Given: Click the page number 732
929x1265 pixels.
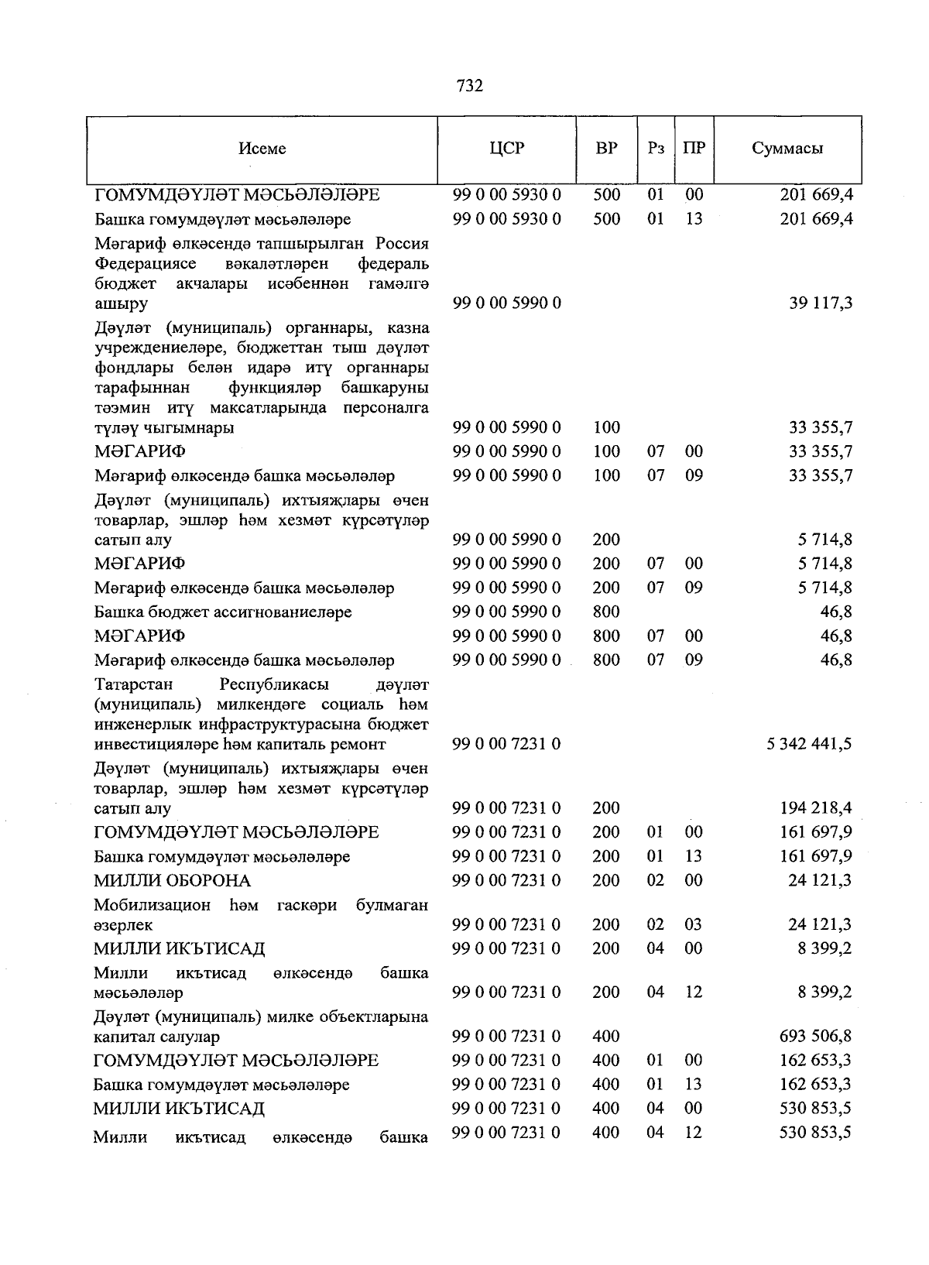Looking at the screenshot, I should point(470,86).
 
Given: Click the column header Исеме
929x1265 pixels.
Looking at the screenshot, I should point(262,149).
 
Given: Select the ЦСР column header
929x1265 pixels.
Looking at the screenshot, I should point(507,148).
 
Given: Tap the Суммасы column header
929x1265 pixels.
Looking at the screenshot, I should point(787,149).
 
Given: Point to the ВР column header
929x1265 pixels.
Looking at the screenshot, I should point(607,148).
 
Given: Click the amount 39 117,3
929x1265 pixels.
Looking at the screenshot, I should point(821,303).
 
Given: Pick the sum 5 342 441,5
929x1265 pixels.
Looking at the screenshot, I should point(810,744).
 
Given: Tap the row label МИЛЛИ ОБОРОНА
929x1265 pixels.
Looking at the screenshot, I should point(173,881).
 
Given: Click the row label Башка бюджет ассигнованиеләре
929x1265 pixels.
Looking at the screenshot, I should point(223,612).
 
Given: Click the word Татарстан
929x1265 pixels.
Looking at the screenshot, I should point(134,684).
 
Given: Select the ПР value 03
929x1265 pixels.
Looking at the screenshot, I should point(694,924).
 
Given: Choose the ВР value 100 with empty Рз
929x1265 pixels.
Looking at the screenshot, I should point(607,427).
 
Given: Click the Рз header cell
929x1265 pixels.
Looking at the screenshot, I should point(656,148).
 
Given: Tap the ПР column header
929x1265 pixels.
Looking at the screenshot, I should point(694,148).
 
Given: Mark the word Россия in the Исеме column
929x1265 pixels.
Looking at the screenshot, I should point(401,244).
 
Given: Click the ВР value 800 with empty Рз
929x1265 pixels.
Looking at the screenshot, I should point(607,612).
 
